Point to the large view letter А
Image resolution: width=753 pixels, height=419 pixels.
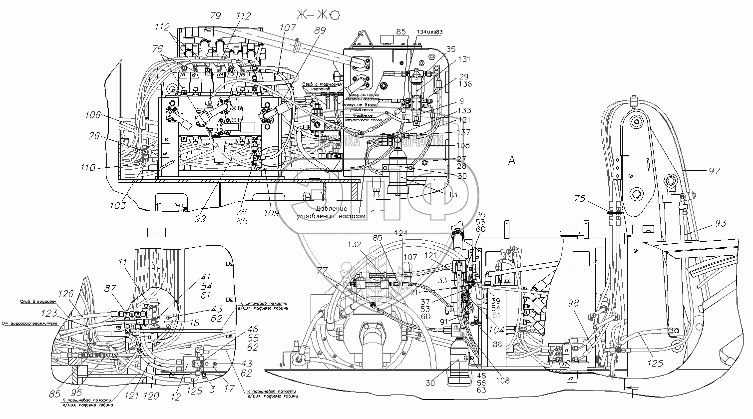(x=511, y=160)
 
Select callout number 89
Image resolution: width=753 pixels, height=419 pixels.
(x=319, y=30)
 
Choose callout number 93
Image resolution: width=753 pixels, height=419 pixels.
(x=721, y=223)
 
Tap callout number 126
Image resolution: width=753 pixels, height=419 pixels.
(x=67, y=294)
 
